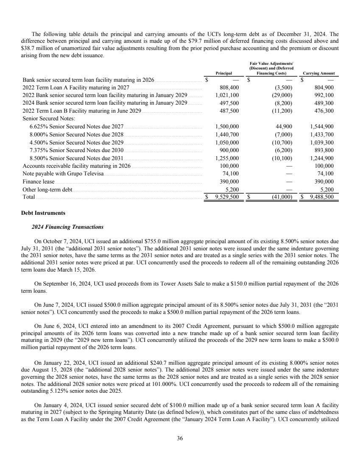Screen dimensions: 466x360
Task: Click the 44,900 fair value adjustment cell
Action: (x=282, y=126)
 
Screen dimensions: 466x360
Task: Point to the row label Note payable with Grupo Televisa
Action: (x=63, y=173)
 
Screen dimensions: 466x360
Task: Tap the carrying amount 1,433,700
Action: (x=322, y=134)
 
